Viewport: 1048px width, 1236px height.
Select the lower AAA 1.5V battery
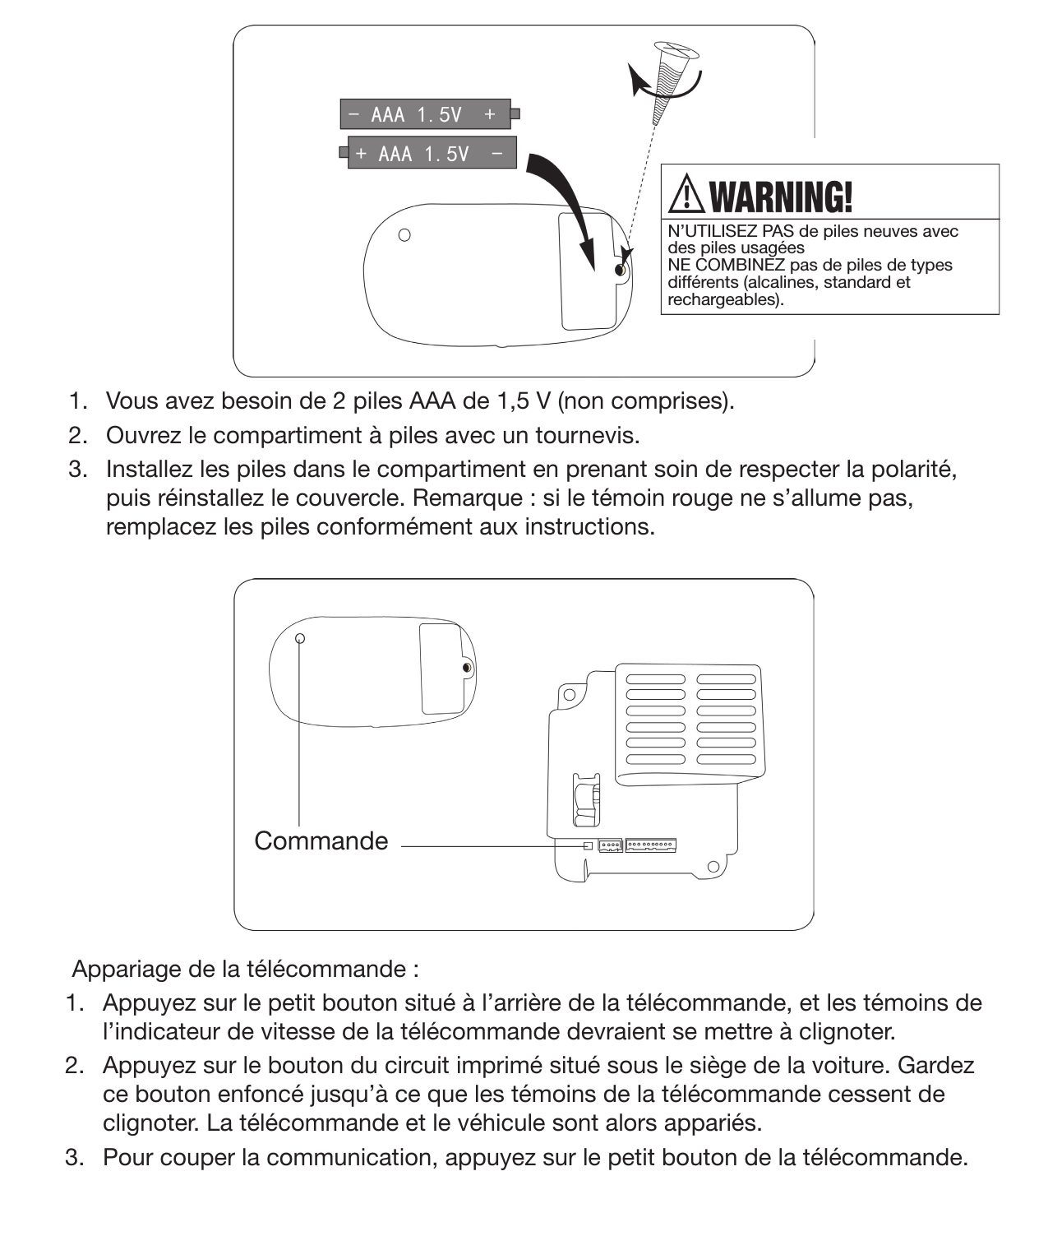431,154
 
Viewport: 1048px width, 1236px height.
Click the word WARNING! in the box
780,197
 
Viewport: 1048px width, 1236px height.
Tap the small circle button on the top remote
404,235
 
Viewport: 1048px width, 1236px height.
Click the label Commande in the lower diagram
321,840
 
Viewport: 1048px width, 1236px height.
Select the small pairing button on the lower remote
300,638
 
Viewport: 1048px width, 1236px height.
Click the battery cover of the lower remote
442,668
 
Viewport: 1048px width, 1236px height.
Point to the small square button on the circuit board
587,845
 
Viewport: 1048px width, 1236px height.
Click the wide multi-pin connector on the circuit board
650,845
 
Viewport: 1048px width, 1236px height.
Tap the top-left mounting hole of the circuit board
568,695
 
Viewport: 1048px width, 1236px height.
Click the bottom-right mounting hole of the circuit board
713,867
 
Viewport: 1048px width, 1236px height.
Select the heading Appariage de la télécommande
245,969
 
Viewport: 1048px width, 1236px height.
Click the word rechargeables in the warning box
724,299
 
